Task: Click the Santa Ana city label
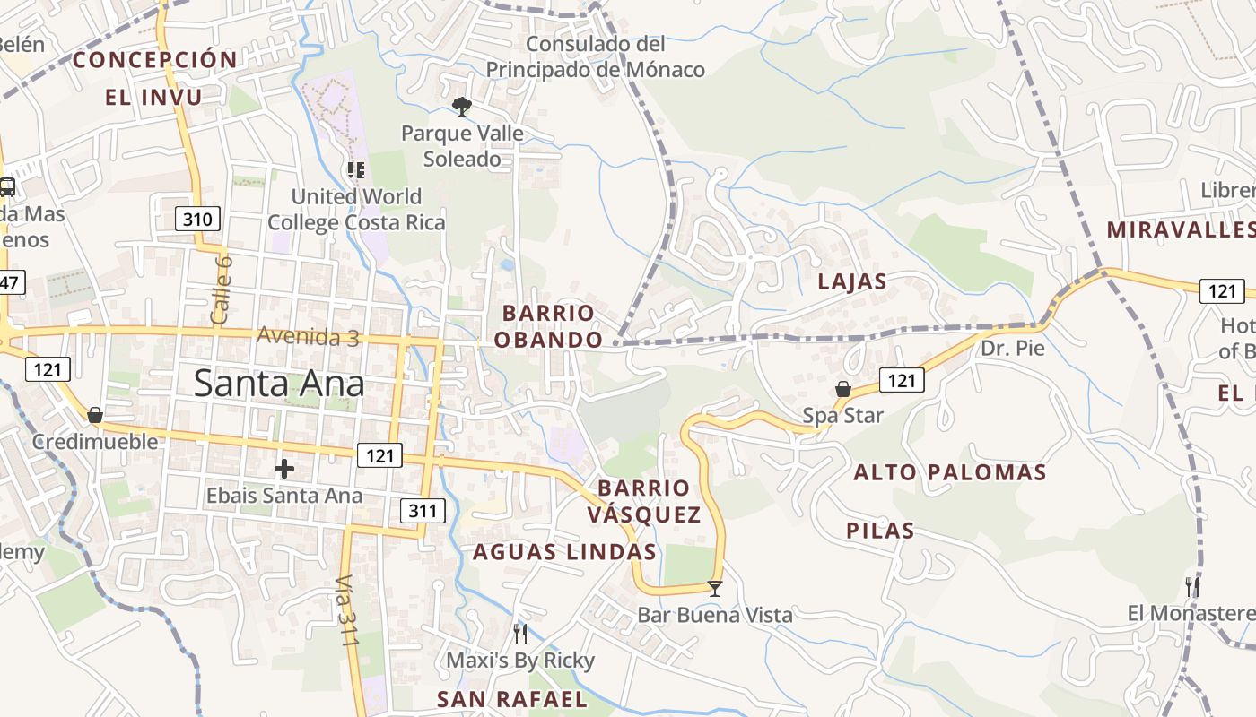tap(279, 384)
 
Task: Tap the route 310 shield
tap(196, 218)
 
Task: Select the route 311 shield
tap(422, 512)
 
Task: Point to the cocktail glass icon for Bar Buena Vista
tap(715, 589)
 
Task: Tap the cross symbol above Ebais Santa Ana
tap(284, 469)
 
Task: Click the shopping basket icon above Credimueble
tap(95, 415)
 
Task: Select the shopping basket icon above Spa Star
tap(843, 389)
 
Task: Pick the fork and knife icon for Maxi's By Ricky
tap(520, 634)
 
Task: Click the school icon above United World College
tap(356, 169)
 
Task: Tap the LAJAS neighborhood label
tap(852, 281)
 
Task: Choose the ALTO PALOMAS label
tap(950, 472)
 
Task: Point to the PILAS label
tap(880, 531)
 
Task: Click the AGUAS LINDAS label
tap(564, 551)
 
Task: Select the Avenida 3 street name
tap(308, 336)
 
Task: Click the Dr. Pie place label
tap(1013, 349)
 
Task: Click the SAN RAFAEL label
tap(511, 699)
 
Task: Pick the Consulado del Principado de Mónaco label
tap(596, 56)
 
